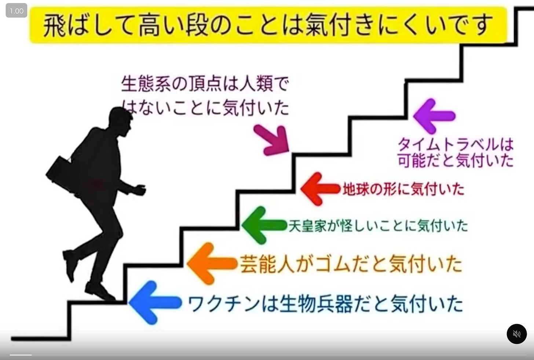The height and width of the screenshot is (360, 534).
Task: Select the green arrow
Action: [x=263, y=225]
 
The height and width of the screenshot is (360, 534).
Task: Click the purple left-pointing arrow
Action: [x=434, y=116]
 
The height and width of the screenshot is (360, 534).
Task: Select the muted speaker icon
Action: [x=516, y=334]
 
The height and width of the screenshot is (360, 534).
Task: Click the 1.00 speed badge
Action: [x=17, y=11]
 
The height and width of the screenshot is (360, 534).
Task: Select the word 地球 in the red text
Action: [x=355, y=189]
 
